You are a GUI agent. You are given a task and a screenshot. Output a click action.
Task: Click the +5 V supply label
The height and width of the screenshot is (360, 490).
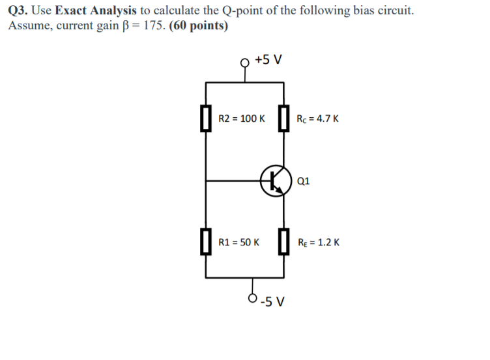point(268,60)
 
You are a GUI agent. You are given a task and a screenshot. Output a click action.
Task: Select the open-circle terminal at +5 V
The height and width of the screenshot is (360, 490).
point(245,62)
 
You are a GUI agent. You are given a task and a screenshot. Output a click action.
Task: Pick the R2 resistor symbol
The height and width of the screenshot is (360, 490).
point(206,119)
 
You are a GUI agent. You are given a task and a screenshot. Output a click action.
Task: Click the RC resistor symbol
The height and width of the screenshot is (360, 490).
point(283,119)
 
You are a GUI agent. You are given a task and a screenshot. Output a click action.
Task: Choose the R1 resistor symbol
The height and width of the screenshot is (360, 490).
point(206,242)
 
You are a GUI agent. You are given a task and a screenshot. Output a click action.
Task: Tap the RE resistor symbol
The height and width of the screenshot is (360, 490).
point(283,242)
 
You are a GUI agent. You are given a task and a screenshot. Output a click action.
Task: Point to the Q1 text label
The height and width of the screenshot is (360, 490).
point(303,181)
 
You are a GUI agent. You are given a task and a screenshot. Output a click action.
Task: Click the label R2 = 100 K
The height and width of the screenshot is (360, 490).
point(241,119)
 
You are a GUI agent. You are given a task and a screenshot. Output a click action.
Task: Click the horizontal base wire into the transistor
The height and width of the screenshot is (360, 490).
point(235,180)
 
